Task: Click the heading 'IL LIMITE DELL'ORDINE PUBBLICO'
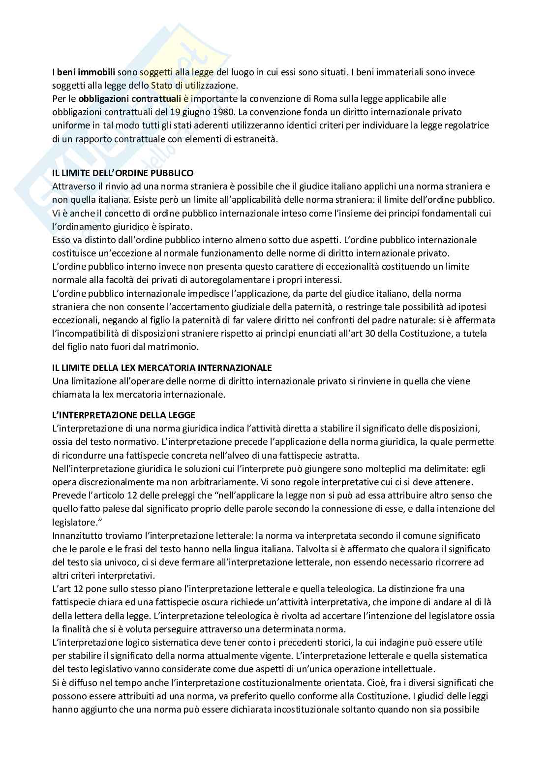[122, 173]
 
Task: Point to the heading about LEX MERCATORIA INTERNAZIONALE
[162, 368]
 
